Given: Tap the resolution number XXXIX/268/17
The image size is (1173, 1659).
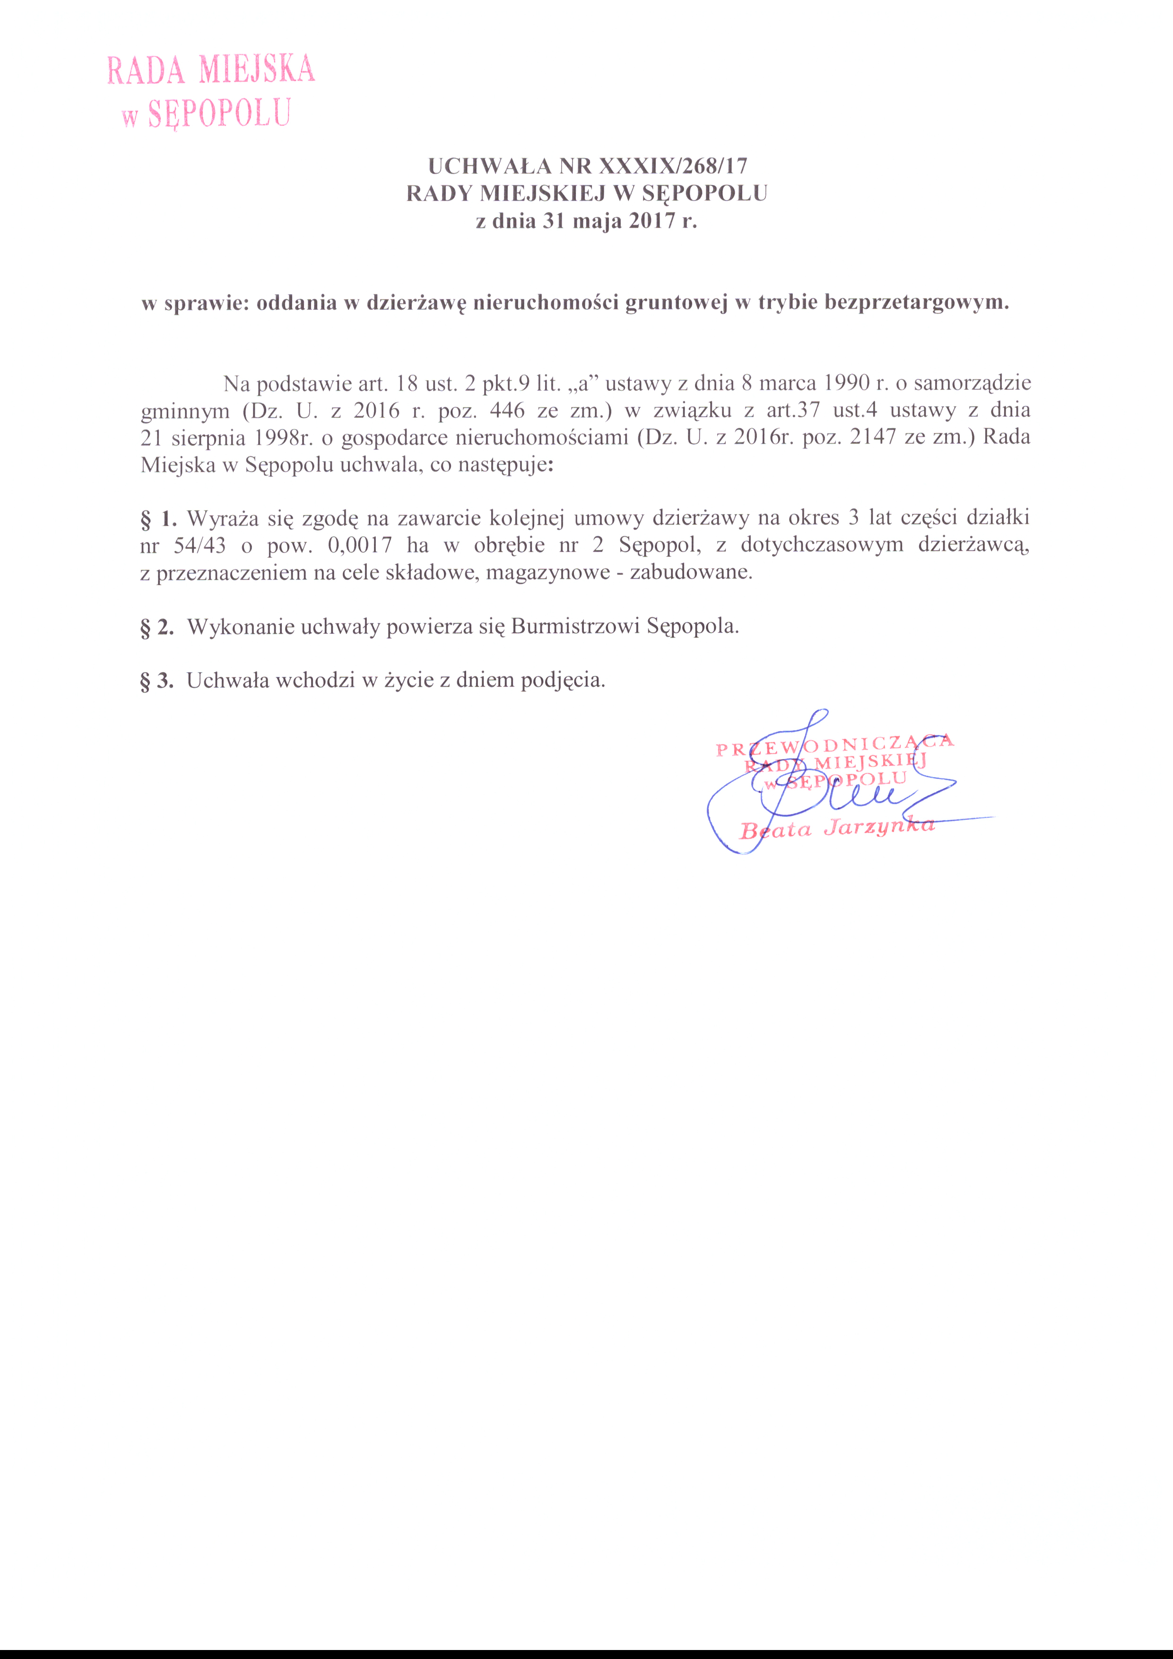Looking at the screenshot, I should click(673, 166).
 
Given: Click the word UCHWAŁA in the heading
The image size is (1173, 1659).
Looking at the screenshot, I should click(490, 166).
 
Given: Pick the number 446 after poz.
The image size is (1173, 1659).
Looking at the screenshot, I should click(507, 411).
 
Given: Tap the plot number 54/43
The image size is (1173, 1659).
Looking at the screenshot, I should click(200, 545).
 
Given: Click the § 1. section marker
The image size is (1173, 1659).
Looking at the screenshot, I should click(158, 518).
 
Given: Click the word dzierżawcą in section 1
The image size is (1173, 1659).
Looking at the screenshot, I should click(973, 545).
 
